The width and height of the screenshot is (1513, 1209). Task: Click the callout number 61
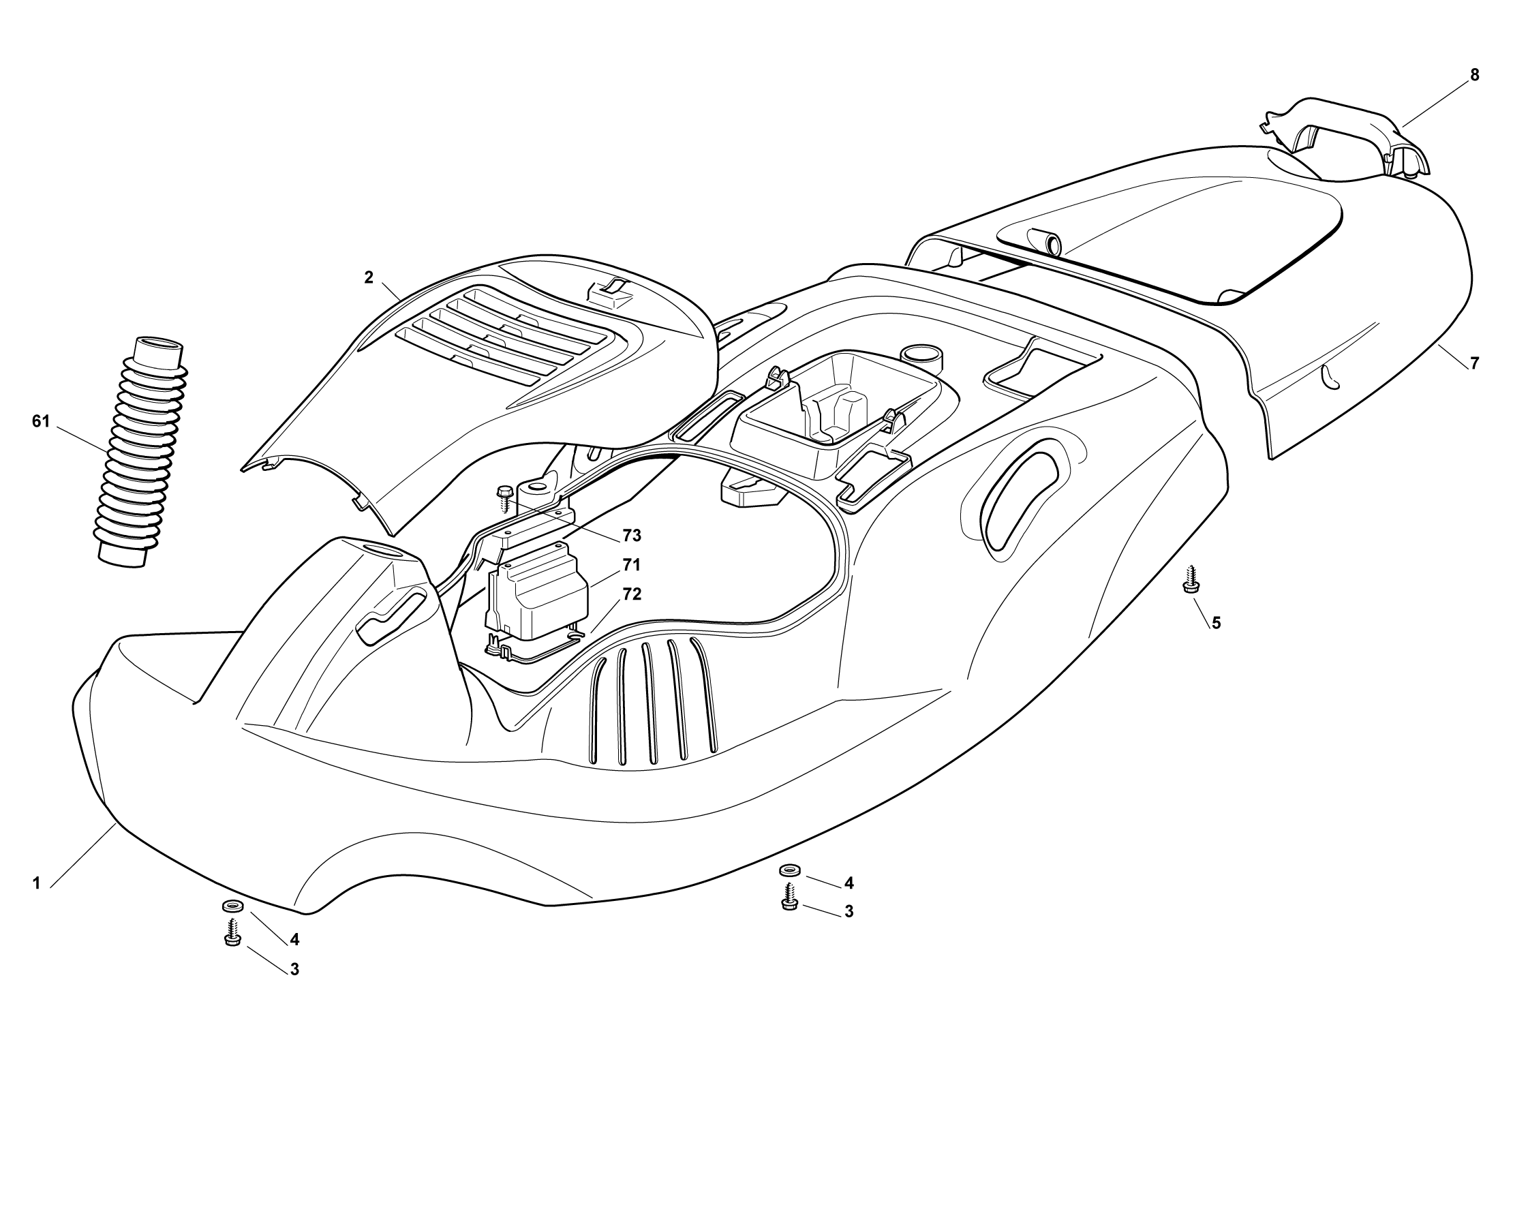coord(41,422)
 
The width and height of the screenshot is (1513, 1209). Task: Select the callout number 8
coord(1474,75)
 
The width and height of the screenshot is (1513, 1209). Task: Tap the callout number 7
coord(1474,363)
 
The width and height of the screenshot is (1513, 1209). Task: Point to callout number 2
coord(369,277)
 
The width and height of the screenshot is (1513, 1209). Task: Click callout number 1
coord(37,883)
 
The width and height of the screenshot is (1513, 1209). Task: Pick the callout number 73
coord(632,536)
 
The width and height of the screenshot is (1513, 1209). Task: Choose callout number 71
coord(632,565)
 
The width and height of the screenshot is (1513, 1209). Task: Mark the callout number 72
coord(632,594)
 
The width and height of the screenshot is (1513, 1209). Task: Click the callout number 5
coord(1216,622)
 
